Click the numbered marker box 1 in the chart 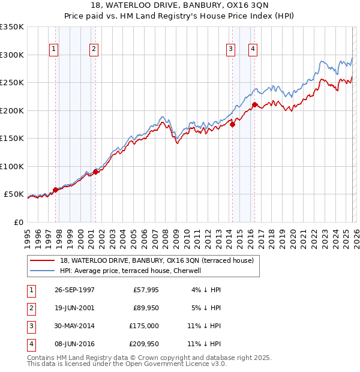click(55, 49)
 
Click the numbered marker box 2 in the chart click(94, 49)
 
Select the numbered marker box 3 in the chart click(230, 49)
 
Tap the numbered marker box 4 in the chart click(253, 49)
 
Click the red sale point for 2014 click(233, 125)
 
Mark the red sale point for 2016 click(254, 105)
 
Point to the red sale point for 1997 click(56, 190)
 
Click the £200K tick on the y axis click(12, 110)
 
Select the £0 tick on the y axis click(19, 222)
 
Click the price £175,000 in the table click(144, 325)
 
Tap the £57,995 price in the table click(146, 289)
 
